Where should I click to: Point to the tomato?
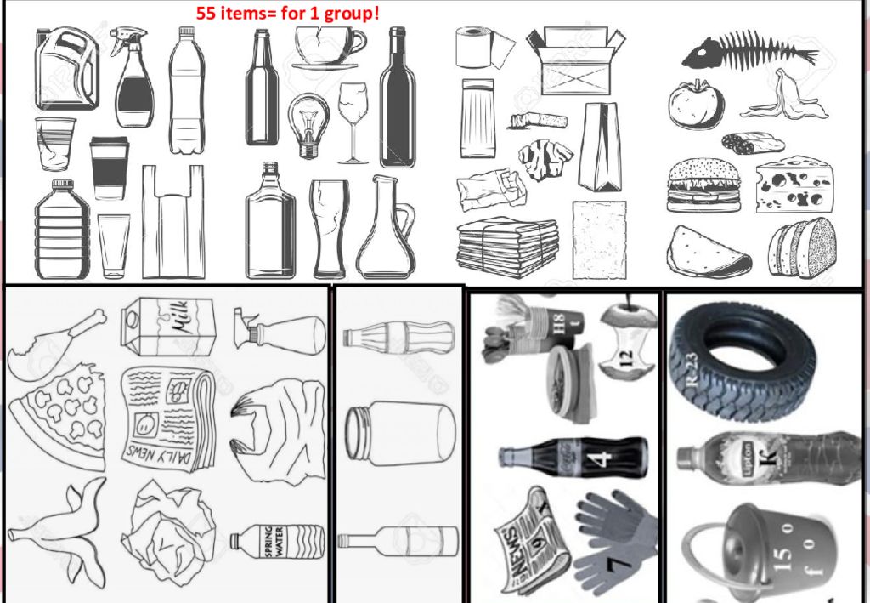(695, 105)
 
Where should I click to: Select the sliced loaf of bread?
(802, 247)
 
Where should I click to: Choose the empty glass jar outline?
(400, 433)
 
